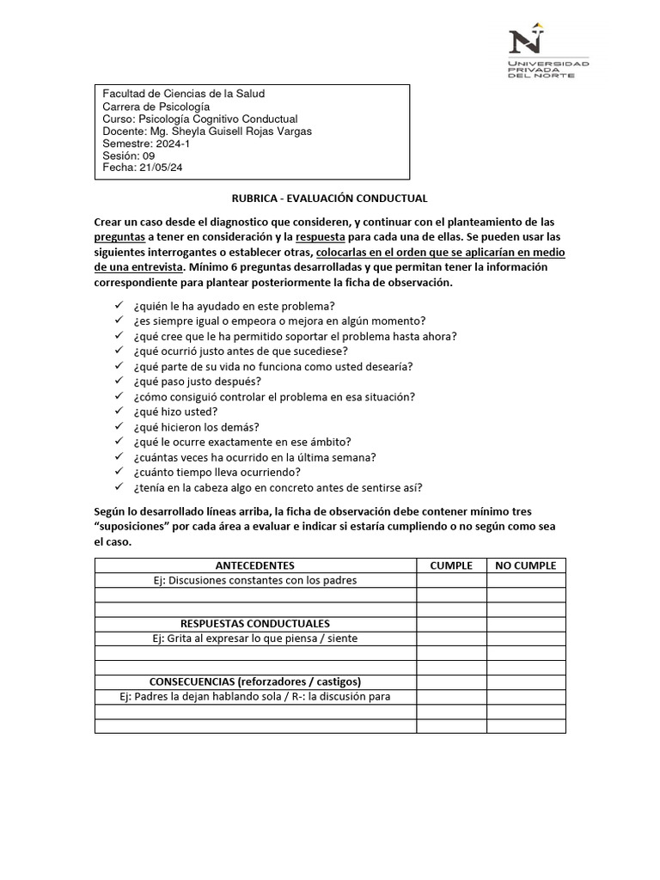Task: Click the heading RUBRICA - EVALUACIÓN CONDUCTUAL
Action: point(330,199)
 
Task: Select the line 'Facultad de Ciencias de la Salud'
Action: point(184,94)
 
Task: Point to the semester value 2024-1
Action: point(174,144)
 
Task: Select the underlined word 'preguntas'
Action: point(119,236)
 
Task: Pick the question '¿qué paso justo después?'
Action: point(197,381)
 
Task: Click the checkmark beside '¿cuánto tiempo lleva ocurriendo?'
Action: point(119,473)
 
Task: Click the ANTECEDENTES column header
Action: point(255,565)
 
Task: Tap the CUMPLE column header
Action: point(451,565)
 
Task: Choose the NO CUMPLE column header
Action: point(526,565)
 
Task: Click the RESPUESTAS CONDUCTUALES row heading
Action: point(255,623)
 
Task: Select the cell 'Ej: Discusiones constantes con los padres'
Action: point(255,580)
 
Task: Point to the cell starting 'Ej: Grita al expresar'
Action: point(255,638)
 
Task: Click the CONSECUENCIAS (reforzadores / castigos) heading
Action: point(255,681)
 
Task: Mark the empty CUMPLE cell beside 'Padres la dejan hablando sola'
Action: point(451,696)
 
